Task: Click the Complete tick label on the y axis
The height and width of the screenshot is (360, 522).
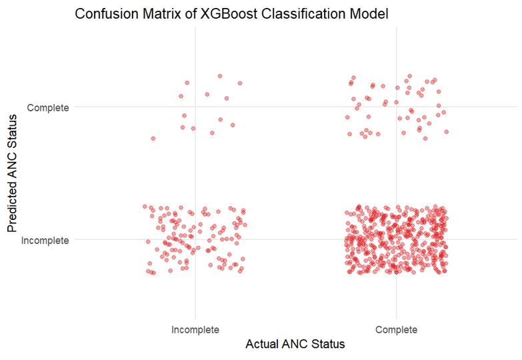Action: coord(48,107)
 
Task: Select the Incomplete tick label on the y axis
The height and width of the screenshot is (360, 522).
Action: coord(45,240)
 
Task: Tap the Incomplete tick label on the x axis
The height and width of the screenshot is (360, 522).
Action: coord(195,329)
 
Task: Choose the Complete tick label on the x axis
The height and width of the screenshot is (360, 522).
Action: coord(397,329)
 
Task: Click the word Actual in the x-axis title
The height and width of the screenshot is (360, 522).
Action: coord(263,345)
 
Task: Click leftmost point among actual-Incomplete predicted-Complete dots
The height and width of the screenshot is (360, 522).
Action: coord(153,138)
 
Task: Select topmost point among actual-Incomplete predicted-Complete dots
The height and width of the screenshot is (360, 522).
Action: coord(220,76)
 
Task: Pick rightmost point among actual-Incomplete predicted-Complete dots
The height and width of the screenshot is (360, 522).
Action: coord(240,83)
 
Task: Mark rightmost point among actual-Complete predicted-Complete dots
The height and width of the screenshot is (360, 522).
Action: coord(446,131)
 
